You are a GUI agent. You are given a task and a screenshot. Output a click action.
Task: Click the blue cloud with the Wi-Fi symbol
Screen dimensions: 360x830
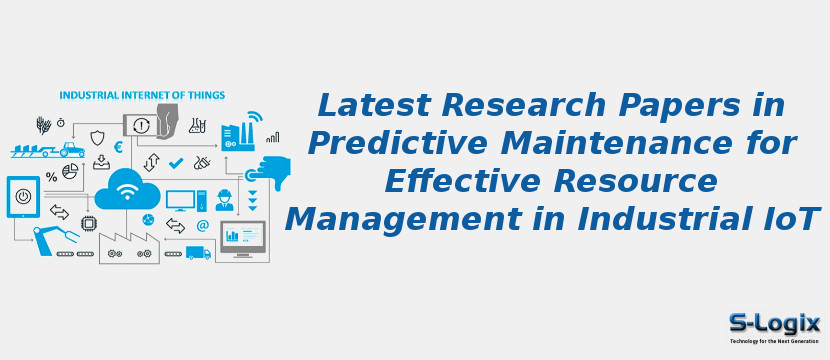point(127,188)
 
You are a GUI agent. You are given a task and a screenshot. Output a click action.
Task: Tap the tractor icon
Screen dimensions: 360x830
point(71,149)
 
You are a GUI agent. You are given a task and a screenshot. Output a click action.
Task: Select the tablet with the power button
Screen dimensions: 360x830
point(23,196)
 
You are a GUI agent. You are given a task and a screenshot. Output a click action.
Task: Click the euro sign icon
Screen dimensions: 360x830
point(118,147)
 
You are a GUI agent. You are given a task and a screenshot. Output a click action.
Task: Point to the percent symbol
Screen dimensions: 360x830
point(51,177)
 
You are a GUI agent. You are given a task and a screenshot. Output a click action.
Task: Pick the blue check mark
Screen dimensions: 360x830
point(176,162)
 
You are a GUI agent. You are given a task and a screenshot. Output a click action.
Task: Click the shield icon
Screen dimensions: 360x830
point(97,137)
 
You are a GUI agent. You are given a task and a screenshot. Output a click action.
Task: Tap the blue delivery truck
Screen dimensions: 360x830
point(198,253)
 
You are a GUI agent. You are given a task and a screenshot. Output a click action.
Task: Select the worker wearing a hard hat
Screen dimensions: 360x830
point(225,199)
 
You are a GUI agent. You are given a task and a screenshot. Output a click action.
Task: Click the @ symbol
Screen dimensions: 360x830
point(202,226)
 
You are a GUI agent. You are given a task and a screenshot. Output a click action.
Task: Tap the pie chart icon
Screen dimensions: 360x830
point(70,172)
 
